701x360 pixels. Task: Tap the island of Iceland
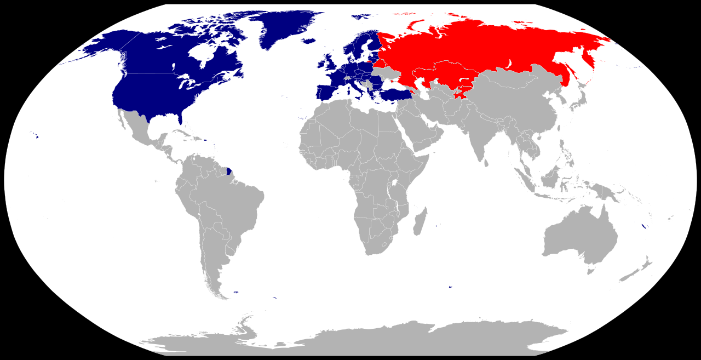pyautogui.click(x=309, y=40)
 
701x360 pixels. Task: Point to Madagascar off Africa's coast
pyautogui.click(x=420, y=221)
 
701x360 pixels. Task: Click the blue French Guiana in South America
pyautogui.click(x=229, y=172)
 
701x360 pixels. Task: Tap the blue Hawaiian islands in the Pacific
pyautogui.click(x=36, y=136)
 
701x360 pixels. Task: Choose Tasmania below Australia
pyautogui.click(x=591, y=271)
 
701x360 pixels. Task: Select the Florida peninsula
pyautogui.click(x=180, y=120)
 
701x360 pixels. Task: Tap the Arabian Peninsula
pyautogui.click(x=422, y=132)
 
